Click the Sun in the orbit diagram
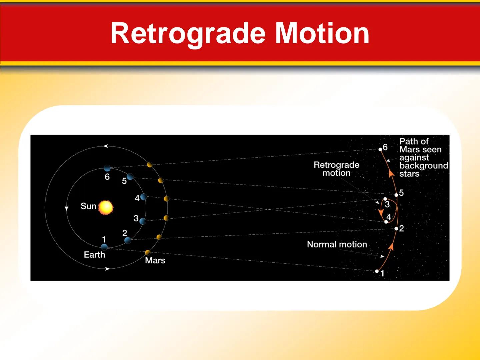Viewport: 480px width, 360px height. coord(106,207)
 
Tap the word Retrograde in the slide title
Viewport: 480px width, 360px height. coord(189,33)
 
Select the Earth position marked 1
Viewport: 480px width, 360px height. coord(104,247)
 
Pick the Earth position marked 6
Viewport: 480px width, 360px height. coord(107,168)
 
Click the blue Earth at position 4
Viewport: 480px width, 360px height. coord(144,197)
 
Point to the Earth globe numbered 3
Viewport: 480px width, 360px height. coord(143,221)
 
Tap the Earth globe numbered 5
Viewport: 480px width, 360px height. coord(130,177)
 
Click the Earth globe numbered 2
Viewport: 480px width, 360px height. coord(127,240)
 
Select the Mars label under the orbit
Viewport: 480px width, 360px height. coord(155,260)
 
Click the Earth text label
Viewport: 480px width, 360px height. coord(94,255)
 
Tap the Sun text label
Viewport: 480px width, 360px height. coord(88,206)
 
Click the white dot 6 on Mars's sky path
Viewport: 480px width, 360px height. coord(380,149)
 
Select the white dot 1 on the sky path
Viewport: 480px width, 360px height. coord(377,271)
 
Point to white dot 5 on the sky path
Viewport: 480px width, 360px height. coord(396,195)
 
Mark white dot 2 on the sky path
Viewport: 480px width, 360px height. coord(396,229)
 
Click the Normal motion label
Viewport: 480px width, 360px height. coord(337,244)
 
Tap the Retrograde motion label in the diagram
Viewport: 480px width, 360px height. coord(336,169)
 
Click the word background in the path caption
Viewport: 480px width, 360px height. coord(423,166)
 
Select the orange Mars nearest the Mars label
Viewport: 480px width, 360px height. coord(148,252)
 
